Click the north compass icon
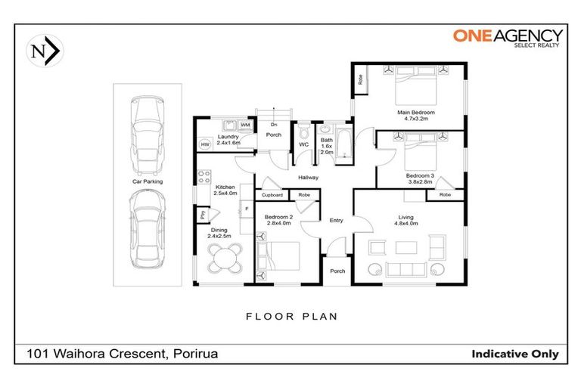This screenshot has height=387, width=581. pyautogui.click(x=45, y=51)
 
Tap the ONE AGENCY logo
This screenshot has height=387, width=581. pyautogui.click(x=507, y=38)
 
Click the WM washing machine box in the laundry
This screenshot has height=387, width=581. pyautogui.click(x=245, y=125)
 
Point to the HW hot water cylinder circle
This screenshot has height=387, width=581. pyautogui.click(x=204, y=144)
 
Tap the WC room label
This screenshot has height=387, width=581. pyautogui.click(x=303, y=144)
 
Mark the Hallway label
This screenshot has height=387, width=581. pyautogui.click(x=307, y=178)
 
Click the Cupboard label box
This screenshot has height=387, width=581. pyautogui.click(x=272, y=195)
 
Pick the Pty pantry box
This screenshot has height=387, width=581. pyautogui.click(x=203, y=215)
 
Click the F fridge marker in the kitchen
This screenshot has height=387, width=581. pyautogui.click(x=244, y=209)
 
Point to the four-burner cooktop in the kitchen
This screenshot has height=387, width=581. pyautogui.click(x=204, y=178)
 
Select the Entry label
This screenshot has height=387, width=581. pyautogui.click(x=336, y=220)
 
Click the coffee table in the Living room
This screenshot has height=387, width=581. pyautogui.click(x=405, y=247)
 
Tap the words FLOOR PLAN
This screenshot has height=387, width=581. pyautogui.click(x=290, y=316)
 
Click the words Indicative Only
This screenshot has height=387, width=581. pyautogui.click(x=514, y=354)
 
